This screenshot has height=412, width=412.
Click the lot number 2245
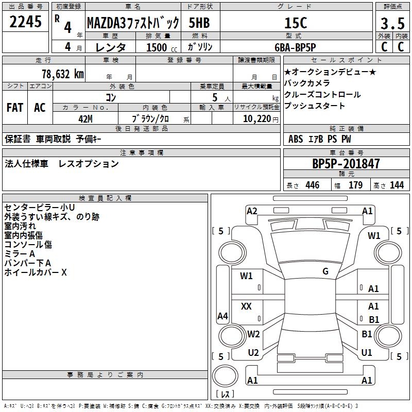tap(26, 22)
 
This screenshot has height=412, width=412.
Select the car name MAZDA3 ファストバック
tap(133, 23)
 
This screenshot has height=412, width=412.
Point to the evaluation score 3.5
tap(392, 24)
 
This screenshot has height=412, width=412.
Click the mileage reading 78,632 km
tap(62, 74)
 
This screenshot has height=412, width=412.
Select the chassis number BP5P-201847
tap(346, 164)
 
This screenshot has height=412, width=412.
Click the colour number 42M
tap(85, 118)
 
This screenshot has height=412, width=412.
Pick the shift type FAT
tap(14, 108)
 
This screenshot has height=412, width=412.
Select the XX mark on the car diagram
tap(246, 307)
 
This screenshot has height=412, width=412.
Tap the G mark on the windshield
tap(325, 271)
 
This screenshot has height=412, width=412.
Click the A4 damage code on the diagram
tap(222, 316)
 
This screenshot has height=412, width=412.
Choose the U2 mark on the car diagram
tap(253, 352)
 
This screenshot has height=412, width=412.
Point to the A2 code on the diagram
tap(252, 211)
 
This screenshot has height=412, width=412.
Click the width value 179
tap(355, 185)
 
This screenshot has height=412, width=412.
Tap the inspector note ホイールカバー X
tap(35, 272)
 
